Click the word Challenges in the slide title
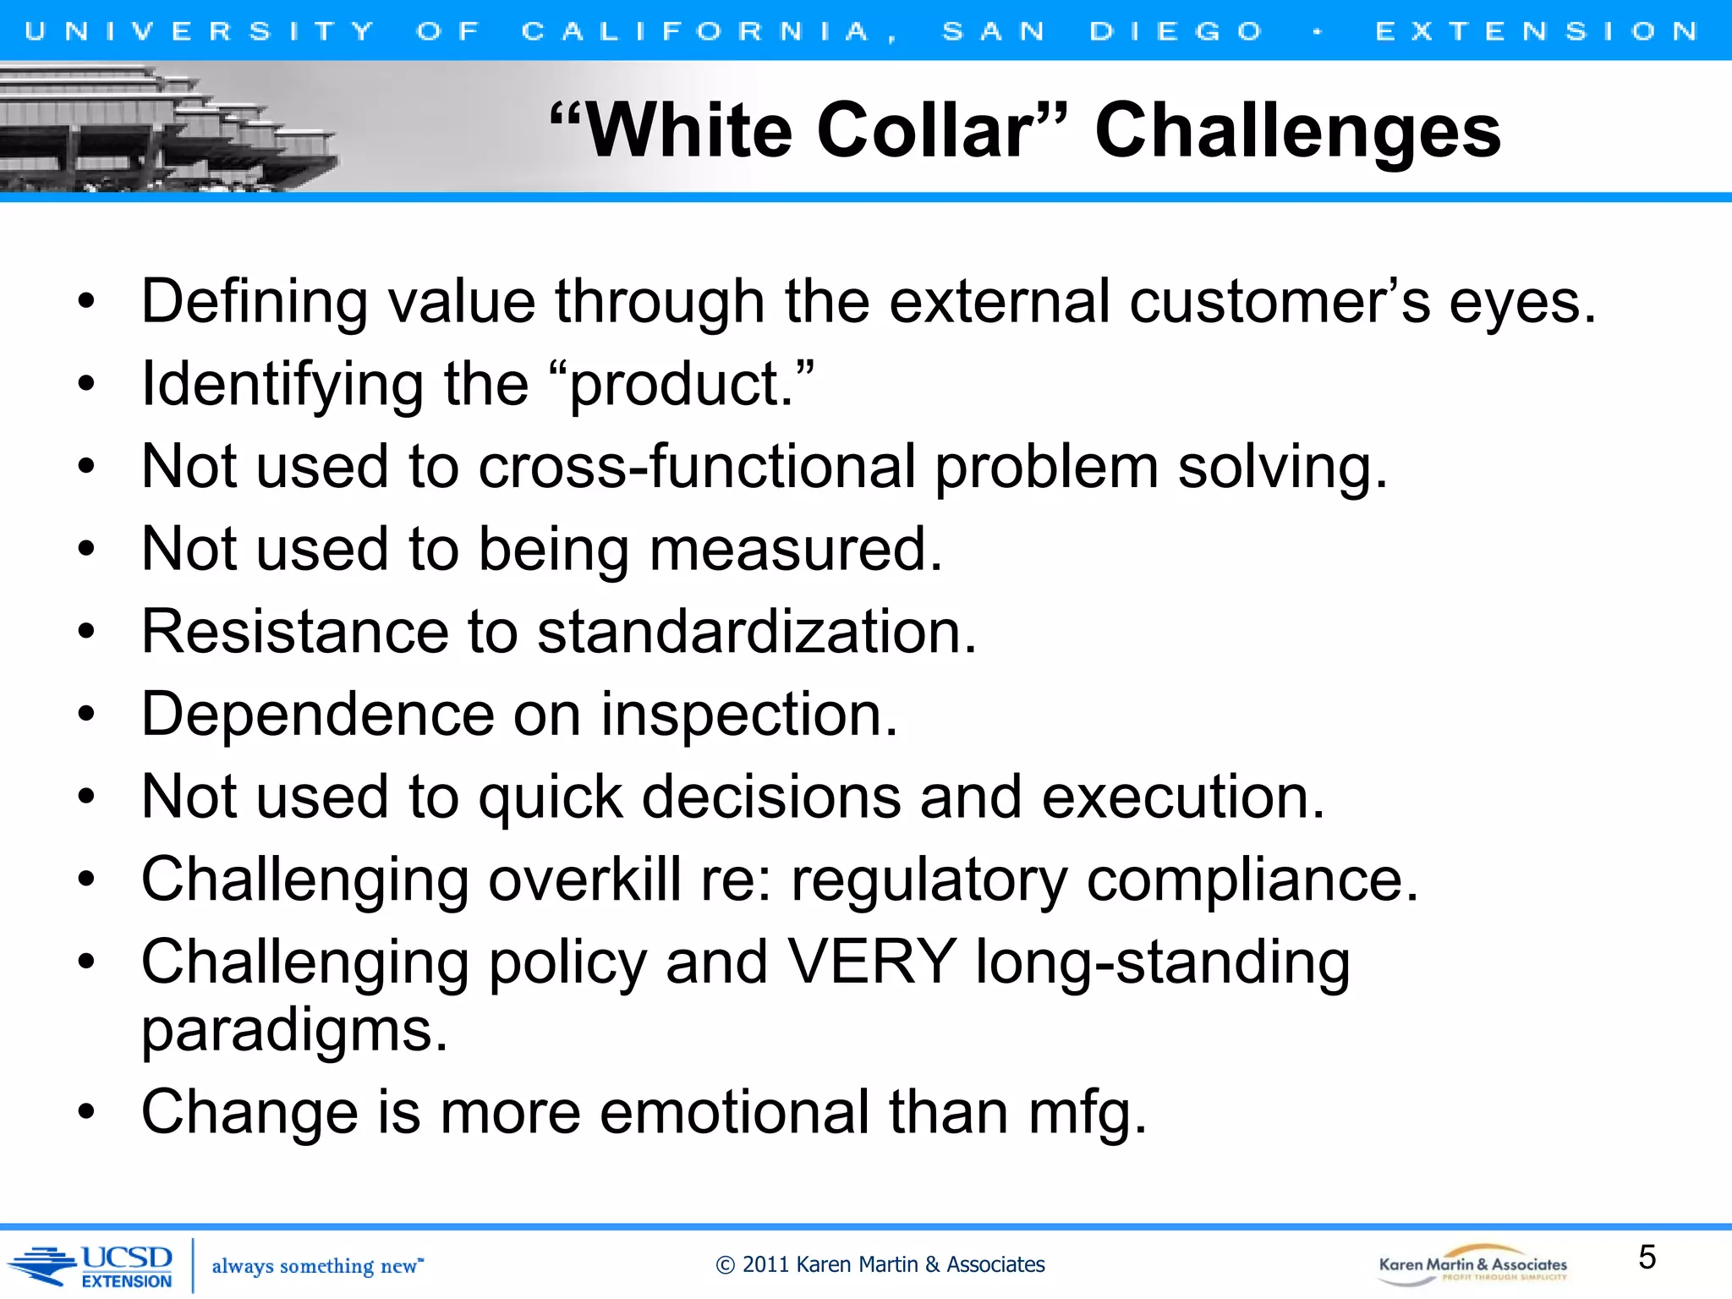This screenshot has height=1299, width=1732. click(1297, 131)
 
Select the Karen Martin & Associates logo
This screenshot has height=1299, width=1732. click(1472, 1265)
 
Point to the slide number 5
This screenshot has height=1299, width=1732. click(1647, 1258)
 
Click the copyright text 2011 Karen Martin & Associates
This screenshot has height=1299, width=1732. click(880, 1264)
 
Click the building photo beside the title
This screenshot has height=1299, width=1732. click(169, 129)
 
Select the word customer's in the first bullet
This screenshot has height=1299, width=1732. click(1280, 302)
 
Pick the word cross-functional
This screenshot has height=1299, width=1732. click(697, 467)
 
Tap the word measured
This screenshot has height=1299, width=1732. click(795, 550)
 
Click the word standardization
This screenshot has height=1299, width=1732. click(757, 632)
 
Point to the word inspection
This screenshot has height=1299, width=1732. click(748, 715)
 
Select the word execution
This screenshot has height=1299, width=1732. click(1182, 797)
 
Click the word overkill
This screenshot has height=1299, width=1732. click(584, 880)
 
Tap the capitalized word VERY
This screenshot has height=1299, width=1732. click(872, 962)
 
